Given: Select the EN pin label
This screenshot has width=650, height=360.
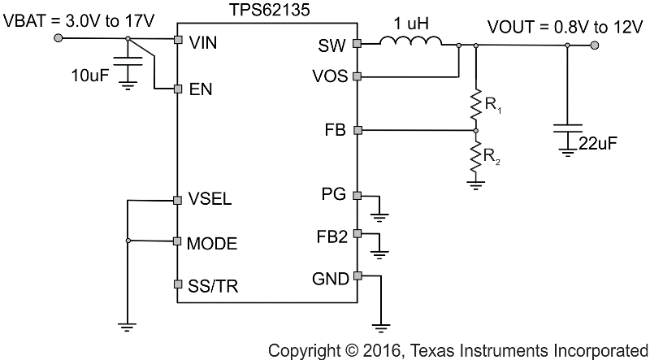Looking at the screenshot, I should tap(200, 90).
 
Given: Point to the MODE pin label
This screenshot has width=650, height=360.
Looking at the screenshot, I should tap(213, 242).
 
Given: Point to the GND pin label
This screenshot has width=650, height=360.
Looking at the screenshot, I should tap(331, 279).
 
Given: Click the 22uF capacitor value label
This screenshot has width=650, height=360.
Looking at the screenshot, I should tap(600, 144).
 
